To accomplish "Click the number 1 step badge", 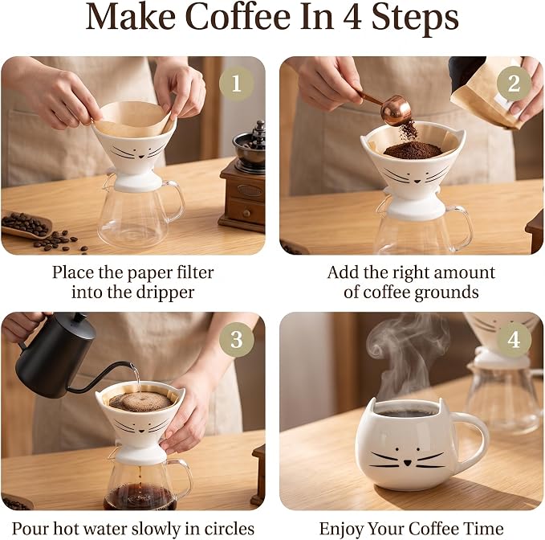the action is tap(236, 84).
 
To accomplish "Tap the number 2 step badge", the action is tap(514, 84).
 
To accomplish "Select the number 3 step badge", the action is tap(236, 339).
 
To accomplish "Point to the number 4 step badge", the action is tap(514, 339).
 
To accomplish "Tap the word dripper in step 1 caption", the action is tap(165, 292).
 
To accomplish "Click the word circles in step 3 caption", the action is tap(229, 529).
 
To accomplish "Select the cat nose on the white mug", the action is tap(408, 463).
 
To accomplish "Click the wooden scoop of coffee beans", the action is tap(26, 224).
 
